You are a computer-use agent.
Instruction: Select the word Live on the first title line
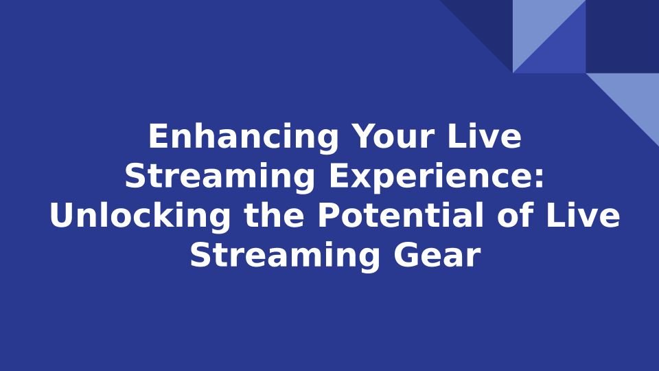pyautogui.click(x=485, y=136)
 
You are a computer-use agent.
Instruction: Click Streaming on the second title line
pyautogui.click(x=220, y=177)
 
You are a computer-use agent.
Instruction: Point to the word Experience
pyautogui.click(x=430, y=177)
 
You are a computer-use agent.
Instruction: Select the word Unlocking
pyautogui.click(x=140, y=216)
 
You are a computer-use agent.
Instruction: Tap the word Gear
pyautogui.click(x=437, y=255)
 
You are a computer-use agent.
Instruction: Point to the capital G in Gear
pyautogui.click(x=406, y=255)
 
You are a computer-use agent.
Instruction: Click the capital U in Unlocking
pyautogui.click(x=62, y=216)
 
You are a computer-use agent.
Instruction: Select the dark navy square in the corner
pyautogui.click(x=623, y=36)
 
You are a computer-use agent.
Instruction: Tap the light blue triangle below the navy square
pyautogui.click(x=634, y=97)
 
